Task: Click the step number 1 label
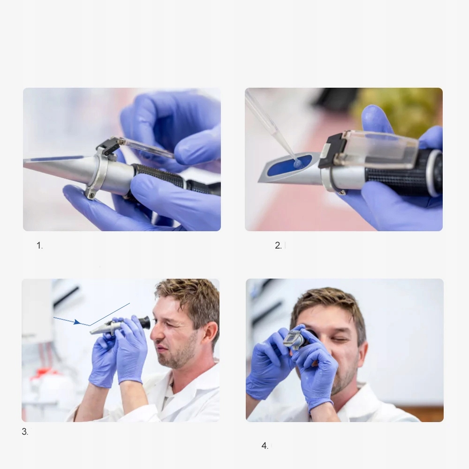point(39,246)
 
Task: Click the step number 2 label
point(278,246)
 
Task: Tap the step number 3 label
point(25,431)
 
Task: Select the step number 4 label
point(265,446)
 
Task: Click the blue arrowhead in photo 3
point(77,322)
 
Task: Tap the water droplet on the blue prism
point(298,163)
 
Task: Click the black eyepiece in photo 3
point(144,323)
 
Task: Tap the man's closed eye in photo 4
point(341,340)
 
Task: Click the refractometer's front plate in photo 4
point(290,339)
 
